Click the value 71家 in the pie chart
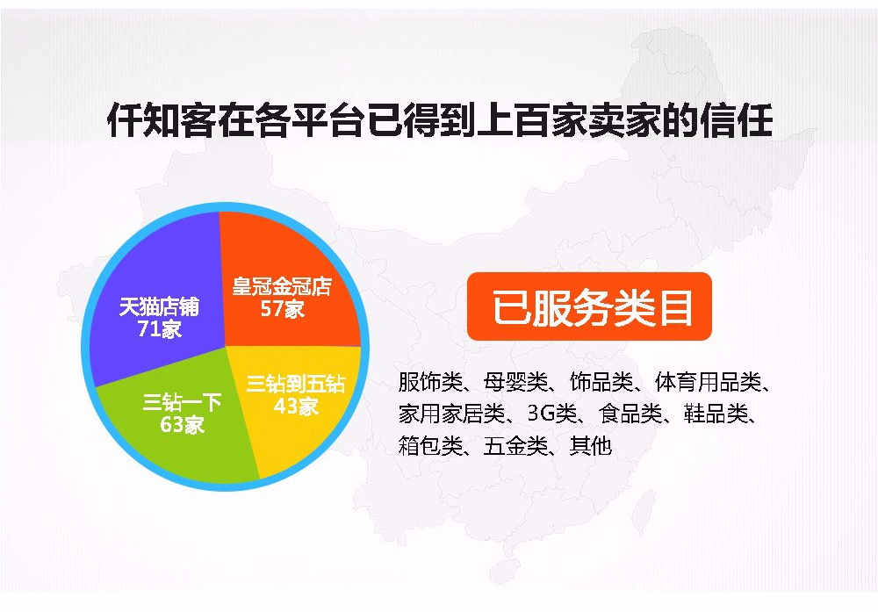pyautogui.click(x=160, y=329)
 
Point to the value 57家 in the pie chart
pyautogui.click(x=282, y=309)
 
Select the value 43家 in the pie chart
pyautogui.click(x=296, y=406)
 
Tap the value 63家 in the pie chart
pyautogui.click(x=182, y=424)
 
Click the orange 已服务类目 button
pyautogui.click(x=589, y=306)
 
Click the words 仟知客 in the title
pyautogui.click(x=162, y=119)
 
